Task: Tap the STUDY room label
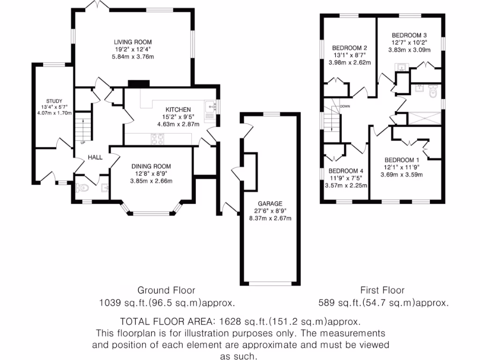[x=51, y=101]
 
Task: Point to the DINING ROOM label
[x=151, y=166]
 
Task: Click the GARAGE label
[x=269, y=204]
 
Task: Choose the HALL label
[x=95, y=157]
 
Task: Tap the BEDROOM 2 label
[x=349, y=48]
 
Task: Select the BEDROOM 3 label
[x=409, y=35]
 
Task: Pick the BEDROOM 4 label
[x=346, y=171]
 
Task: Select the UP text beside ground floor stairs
[x=83, y=142]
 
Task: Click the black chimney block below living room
[x=138, y=83]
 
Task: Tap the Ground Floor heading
[x=166, y=290]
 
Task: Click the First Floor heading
[x=382, y=290]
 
